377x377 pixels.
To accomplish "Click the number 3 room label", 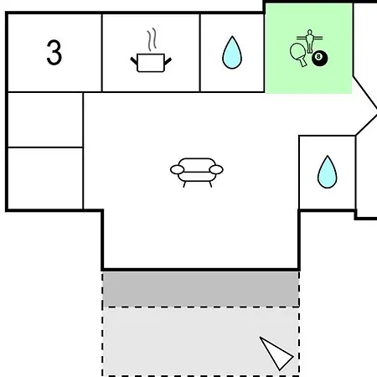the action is [x=54, y=52].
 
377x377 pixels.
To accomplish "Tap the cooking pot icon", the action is [x=151, y=63].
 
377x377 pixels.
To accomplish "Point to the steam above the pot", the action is [x=152, y=39].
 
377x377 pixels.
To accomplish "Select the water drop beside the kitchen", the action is [x=232, y=53].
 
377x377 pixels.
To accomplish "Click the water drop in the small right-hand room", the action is [x=328, y=172].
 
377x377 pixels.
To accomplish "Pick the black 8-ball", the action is [x=319, y=59].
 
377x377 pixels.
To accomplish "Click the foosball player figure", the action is [x=309, y=41].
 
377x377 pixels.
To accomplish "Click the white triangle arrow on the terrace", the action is [x=276, y=354].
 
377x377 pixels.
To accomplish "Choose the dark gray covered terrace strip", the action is [x=201, y=289].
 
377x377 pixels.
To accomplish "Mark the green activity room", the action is [x=308, y=49].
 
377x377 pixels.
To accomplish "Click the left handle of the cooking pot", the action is [x=134, y=60].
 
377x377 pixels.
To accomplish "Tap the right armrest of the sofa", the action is [x=216, y=169].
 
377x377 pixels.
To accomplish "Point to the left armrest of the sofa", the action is [x=178, y=169].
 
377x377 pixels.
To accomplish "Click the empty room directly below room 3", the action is [x=45, y=120].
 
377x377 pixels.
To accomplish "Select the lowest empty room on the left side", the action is [x=45, y=178].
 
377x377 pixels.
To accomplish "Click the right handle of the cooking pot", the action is [x=168, y=60].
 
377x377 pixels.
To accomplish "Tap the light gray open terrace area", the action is [x=201, y=341].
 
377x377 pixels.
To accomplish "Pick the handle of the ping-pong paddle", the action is [x=302, y=63].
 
